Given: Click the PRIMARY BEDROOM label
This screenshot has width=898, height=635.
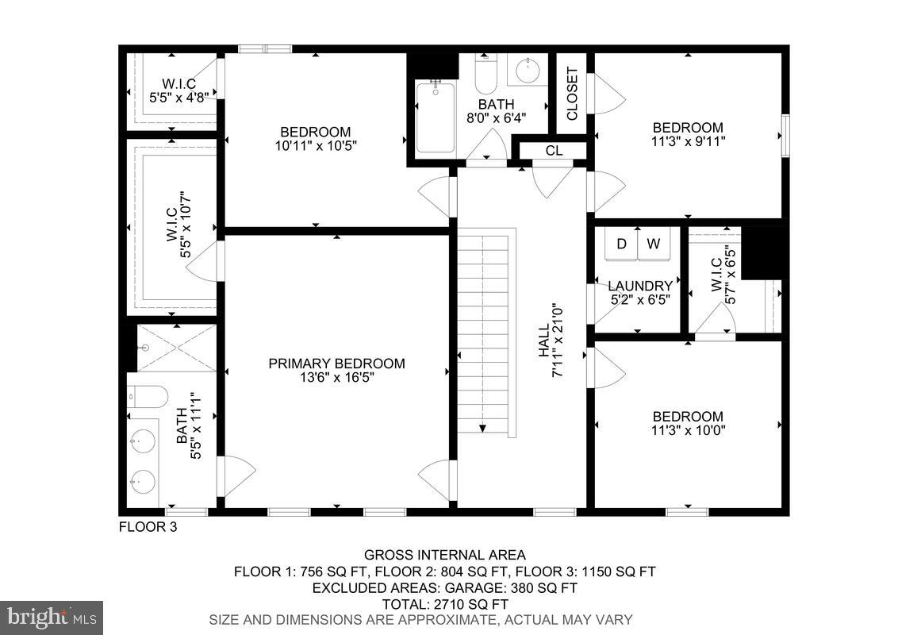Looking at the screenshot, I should coord(336,364).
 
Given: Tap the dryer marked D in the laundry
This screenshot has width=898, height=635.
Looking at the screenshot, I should coord(622,244).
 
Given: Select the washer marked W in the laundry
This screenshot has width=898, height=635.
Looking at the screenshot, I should coord(653,244).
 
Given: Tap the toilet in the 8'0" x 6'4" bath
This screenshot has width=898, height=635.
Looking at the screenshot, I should coord(485,75).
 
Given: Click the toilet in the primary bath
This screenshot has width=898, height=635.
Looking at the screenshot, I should coord(148,395).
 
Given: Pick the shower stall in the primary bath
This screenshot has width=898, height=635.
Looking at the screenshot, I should coord(176,348).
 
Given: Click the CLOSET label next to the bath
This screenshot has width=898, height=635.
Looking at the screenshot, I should coord(572,94).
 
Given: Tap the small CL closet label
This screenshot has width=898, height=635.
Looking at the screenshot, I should coord(553,151).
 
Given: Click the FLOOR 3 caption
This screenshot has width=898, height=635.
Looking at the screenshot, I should coord(148,527).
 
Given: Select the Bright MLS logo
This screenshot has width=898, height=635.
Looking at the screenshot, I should coord(52,617).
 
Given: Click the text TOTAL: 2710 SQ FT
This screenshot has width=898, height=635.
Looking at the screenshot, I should coord(444,604).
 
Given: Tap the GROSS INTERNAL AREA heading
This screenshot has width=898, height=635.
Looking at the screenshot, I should coord(444,556).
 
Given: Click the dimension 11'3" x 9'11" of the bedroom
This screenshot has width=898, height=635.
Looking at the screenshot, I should coord(688,141).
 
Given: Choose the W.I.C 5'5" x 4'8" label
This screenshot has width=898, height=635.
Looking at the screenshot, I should coord(178,90).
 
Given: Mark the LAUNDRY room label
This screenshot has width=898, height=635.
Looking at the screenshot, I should coord(640,286).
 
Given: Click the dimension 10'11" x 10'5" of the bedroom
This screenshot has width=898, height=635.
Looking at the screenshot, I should coord(315,146).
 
